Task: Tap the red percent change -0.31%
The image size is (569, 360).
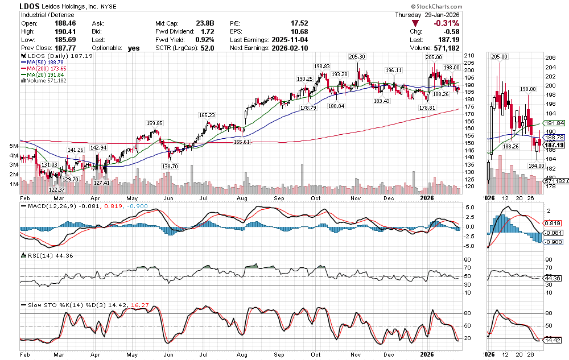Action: pyautogui.click(x=446, y=23)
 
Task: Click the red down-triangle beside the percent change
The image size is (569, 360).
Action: pyautogui.click(x=417, y=23)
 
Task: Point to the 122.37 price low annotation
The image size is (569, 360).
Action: pyautogui.click(x=56, y=189)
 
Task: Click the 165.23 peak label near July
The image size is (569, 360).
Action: pyautogui.click(x=207, y=115)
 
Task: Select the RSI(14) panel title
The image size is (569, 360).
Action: pyautogui.click(x=40, y=256)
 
